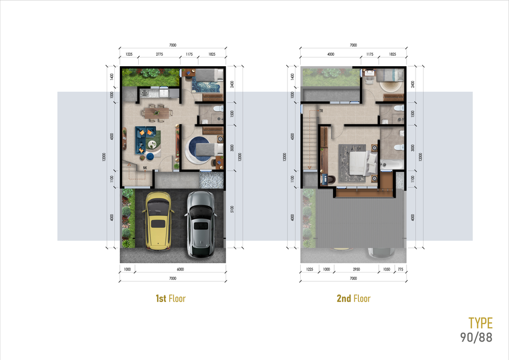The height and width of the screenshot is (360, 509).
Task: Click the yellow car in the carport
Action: [x=158, y=221]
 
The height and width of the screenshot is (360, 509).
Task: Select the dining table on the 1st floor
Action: [x=157, y=113]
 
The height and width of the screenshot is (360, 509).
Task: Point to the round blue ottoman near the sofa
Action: [x=150, y=157]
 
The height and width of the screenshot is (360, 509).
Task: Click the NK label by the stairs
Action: [x=145, y=168]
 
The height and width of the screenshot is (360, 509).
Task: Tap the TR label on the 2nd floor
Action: [x=321, y=111]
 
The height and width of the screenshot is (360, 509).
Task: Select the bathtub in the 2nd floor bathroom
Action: [x=392, y=165]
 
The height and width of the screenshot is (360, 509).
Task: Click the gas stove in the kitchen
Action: [x=144, y=93]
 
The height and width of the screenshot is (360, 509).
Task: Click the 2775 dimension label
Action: [x=160, y=54]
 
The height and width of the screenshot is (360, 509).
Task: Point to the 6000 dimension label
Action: [x=180, y=269]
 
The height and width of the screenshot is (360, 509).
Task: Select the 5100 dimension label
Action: [x=232, y=209]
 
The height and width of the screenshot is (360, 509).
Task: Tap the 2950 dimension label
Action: [x=356, y=269]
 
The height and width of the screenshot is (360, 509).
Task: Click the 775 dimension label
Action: [x=400, y=269]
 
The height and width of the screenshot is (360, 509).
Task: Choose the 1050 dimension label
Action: [x=386, y=269]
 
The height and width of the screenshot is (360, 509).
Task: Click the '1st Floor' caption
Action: [x=170, y=298]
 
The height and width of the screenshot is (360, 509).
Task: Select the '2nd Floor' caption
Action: [x=353, y=298]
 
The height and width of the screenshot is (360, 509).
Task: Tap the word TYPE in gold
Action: [x=481, y=323]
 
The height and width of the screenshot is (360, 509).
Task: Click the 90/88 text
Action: [x=476, y=337]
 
